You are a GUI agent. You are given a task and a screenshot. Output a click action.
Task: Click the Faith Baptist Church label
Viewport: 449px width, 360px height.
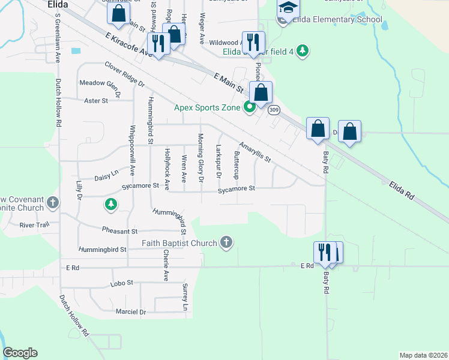[x=179, y=243]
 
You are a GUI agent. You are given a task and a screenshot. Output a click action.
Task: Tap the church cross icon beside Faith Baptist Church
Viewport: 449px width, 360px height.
[x=226, y=242]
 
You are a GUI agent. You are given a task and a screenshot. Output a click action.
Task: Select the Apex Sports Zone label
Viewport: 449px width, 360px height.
[x=208, y=108]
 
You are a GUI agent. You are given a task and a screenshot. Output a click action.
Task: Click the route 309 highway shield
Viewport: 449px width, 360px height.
[x=274, y=110]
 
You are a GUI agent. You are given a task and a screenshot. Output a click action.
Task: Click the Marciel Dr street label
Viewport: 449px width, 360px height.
[x=131, y=312]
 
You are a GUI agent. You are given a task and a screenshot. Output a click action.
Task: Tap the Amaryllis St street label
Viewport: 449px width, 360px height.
[x=255, y=152]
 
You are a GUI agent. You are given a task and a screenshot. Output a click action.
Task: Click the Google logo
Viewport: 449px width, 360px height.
[x=20, y=353]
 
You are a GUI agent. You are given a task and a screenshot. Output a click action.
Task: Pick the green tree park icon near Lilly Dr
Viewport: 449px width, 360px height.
[x=110, y=205]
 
